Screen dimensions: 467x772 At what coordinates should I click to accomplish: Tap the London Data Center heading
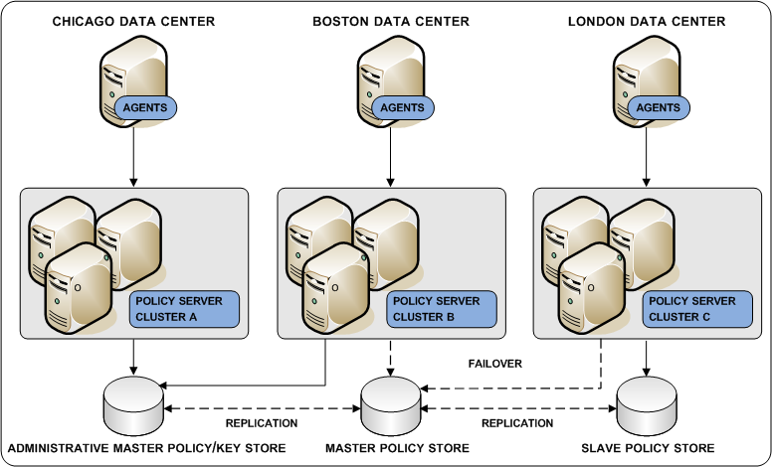point(647,21)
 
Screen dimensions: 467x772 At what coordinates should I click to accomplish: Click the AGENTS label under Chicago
point(145,107)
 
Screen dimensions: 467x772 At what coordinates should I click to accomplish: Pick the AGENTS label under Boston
point(402,107)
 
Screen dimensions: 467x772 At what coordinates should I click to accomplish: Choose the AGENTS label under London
point(658,107)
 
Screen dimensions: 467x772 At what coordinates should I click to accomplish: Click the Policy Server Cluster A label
point(184,309)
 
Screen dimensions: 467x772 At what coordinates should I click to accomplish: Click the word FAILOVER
point(494,364)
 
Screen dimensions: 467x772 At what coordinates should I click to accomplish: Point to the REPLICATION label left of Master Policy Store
point(262,423)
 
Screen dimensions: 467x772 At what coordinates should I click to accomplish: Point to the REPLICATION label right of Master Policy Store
point(517,423)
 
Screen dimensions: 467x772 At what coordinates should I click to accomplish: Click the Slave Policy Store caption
point(647,449)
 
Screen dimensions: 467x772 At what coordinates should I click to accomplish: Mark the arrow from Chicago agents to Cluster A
point(132,159)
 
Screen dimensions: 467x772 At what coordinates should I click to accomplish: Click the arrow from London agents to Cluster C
point(647,159)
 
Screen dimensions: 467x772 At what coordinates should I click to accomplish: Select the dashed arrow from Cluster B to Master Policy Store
point(390,358)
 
